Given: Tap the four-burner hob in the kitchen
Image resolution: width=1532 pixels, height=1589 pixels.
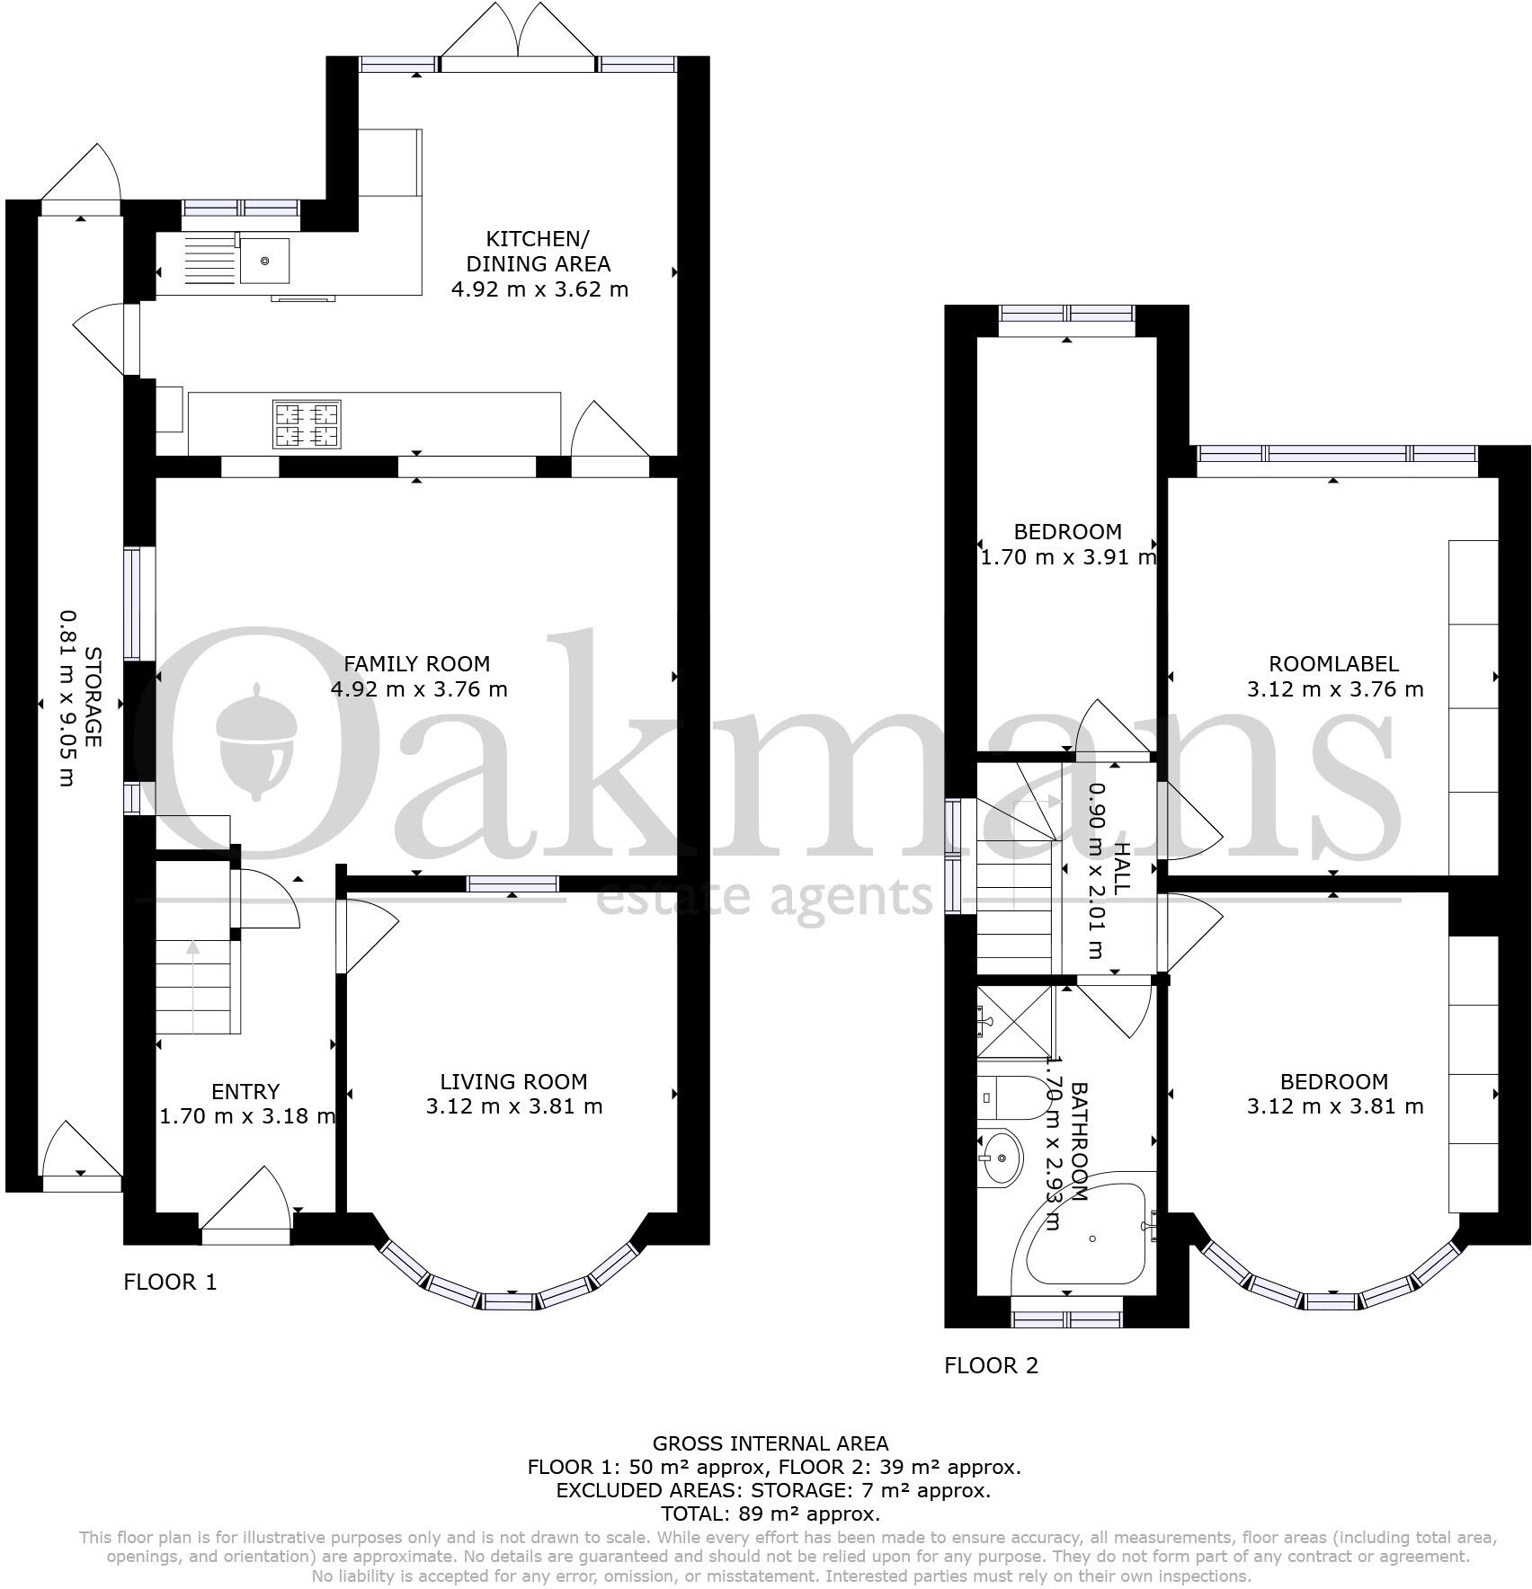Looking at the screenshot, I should [x=307, y=425].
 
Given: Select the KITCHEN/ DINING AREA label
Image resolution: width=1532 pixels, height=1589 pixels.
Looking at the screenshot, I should [x=538, y=252].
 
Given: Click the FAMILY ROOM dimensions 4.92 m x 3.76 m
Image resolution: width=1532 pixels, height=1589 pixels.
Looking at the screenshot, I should [x=419, y=689].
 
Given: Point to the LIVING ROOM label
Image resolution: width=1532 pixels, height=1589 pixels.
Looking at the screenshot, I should [x=513, y=1082].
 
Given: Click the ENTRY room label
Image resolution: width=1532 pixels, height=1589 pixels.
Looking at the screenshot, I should [x=245, y=1091].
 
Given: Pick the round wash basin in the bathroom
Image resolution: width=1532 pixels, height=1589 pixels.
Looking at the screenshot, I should [x=1001, y=1158].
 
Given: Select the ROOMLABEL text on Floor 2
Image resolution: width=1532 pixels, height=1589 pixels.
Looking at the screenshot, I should [x=1333, y=664].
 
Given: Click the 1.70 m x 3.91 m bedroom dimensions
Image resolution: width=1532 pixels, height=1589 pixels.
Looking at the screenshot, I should [x=1067, y=557].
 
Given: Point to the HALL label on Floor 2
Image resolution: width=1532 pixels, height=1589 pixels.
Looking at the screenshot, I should [x=1120, y=868].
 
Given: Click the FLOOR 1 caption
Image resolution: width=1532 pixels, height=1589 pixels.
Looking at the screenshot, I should [x=170, y=1282].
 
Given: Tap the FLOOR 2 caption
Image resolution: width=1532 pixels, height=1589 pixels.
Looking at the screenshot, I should [x=991, y=1365].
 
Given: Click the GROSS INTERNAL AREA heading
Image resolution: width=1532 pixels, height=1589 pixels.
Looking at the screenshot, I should [x=770, y=1443].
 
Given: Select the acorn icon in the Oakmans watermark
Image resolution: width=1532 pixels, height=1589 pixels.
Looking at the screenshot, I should [x=257, y=741].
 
